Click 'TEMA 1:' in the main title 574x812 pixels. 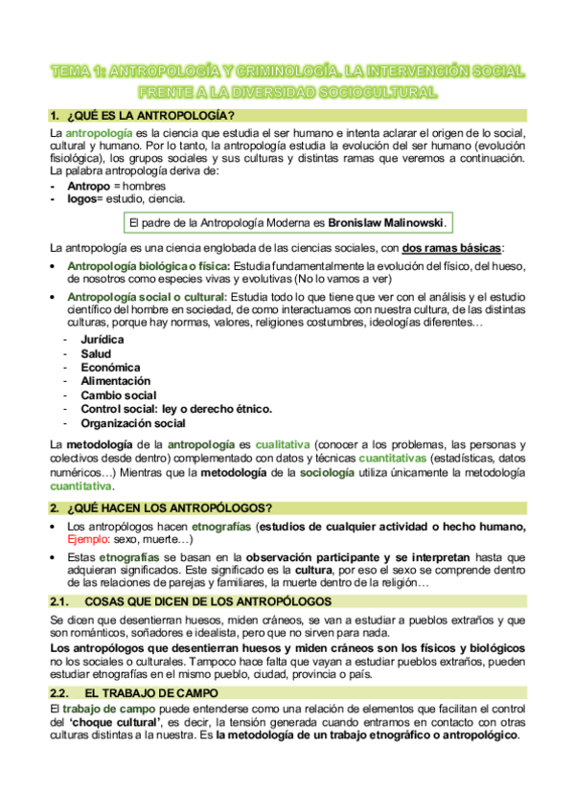(79, 72)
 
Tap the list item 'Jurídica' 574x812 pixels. (103, 339)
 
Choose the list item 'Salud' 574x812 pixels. (96, 353)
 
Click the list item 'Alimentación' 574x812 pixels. (115, 380)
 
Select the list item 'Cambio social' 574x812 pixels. (119, 395)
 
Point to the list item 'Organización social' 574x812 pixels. (133, 422)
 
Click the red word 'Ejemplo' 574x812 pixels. (88, 539)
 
